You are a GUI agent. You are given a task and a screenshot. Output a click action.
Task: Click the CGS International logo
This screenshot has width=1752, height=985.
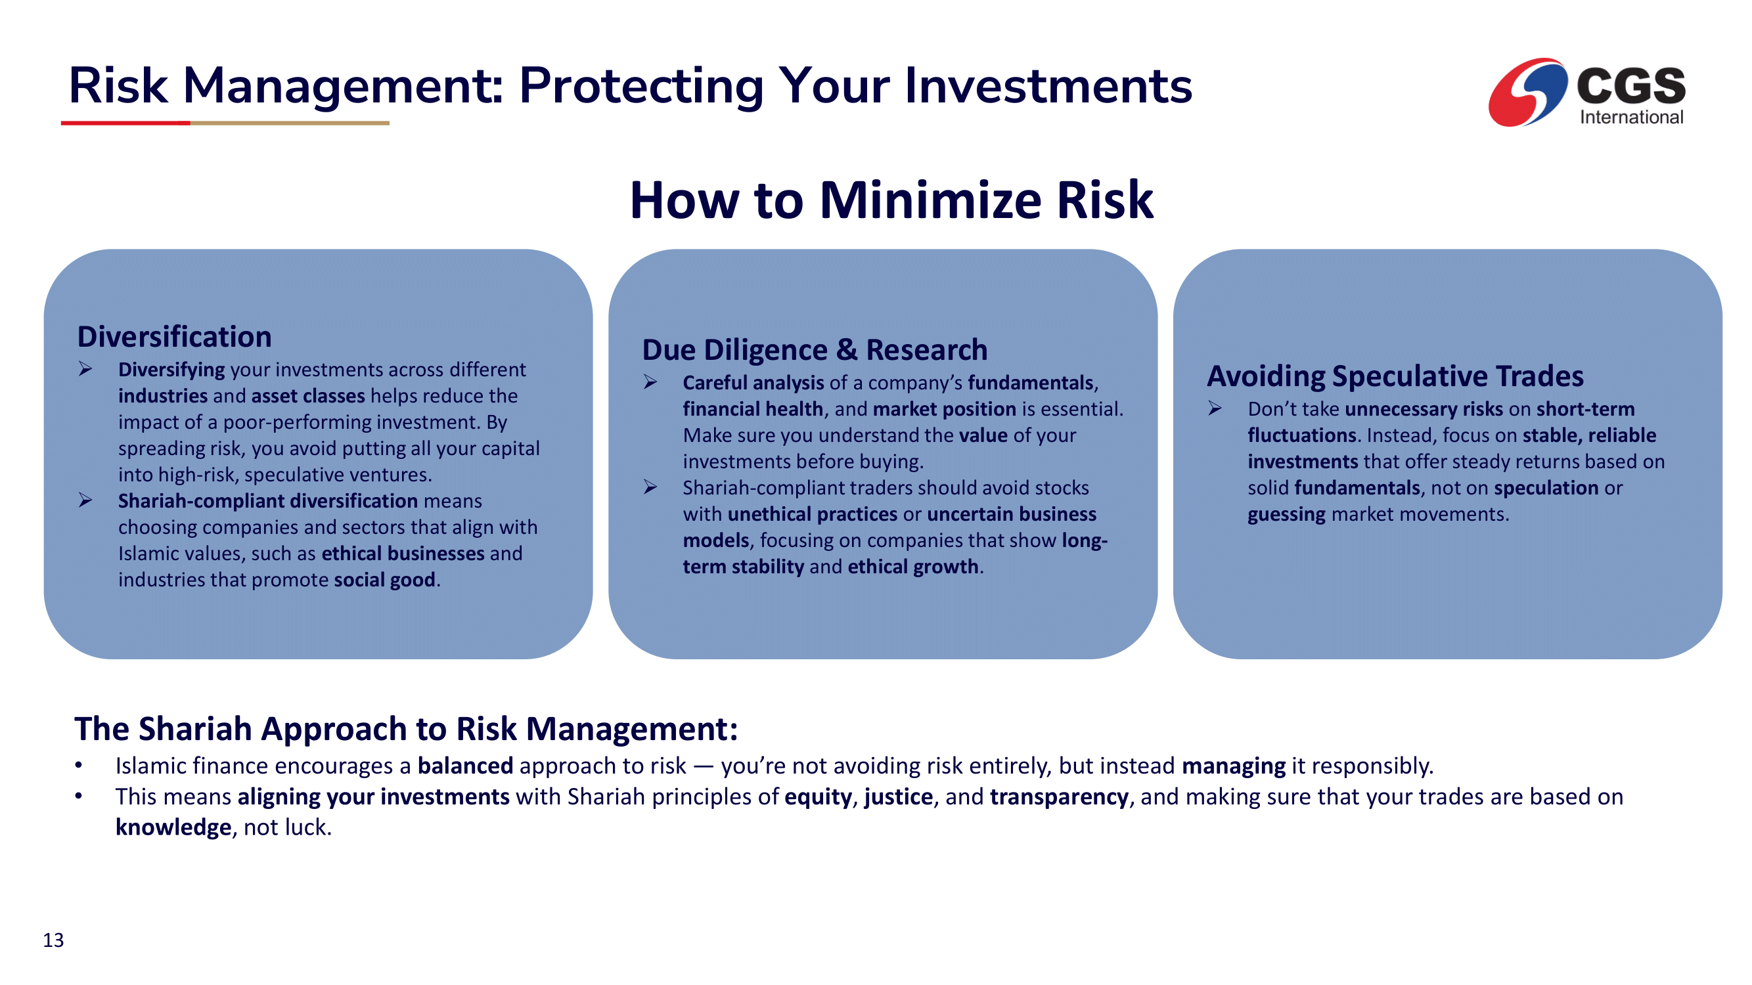(x=1586, y=93)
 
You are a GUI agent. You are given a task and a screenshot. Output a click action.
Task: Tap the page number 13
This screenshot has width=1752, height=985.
(x=53, y=940)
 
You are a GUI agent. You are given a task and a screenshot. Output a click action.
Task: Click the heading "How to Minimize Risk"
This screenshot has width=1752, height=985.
(x=891, y=200)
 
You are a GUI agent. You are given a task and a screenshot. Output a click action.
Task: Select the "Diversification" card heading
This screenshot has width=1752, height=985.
(x=175, y=336)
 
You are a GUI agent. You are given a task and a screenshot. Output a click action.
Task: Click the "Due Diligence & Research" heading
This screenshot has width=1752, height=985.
(x=815, y=350)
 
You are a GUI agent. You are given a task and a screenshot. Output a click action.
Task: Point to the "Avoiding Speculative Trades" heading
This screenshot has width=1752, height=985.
(x=1395, y=376)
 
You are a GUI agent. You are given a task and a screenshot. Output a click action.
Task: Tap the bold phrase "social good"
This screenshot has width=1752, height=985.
(x=384, y=580)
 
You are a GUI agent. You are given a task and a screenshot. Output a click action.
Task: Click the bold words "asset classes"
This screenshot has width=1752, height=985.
(x=308, y=395)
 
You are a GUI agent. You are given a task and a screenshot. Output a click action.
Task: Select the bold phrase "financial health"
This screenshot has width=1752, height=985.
(x=753, y=408)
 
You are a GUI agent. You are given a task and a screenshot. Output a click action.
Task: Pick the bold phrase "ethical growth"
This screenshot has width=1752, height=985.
(x=912, y=566)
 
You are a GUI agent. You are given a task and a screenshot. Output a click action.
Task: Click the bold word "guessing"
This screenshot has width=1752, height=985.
(x=1286, y=515)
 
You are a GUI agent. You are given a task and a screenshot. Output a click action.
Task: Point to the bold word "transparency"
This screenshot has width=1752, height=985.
(x=1059, y=797)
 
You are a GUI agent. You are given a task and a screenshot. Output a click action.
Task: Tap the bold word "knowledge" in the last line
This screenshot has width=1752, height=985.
(x=173, y=827)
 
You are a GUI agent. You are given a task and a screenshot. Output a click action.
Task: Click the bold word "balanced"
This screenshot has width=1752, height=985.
(x=465, y=766)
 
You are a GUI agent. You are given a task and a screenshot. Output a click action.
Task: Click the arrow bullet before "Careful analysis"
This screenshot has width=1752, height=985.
(x=650, y=382)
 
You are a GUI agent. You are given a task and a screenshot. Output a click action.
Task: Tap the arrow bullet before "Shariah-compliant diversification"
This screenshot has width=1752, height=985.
(x=85, y=501)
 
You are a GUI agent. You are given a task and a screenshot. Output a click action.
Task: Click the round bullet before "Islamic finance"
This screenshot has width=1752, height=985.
(x=79, y=766)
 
